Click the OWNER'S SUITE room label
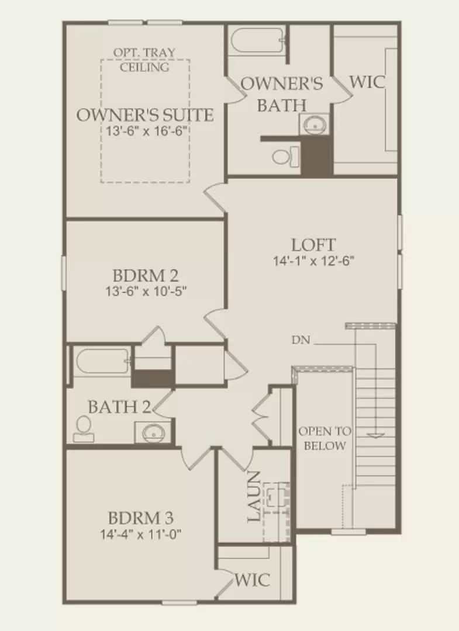pos(145,115)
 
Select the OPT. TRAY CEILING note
pos(144,60)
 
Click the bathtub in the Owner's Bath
pos(256,40)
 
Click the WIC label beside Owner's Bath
pos(368,82)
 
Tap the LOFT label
pos(314,244)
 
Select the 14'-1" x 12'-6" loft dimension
pos(314,261)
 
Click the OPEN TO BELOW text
pos(325,439)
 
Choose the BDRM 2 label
pos(145,275)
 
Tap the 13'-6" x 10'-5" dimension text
pos(145,290)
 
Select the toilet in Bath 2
pos(84,428)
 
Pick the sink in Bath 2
pos(153,433)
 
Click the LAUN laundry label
pos(253,497)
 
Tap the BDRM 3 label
pos(141,518)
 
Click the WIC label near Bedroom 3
pos(253,580)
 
